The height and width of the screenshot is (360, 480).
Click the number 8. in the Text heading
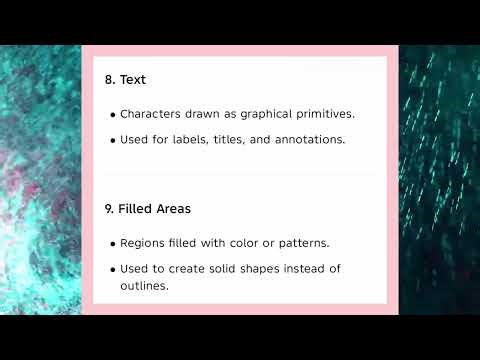(x=110, y=79)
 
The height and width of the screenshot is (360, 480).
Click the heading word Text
(x=133, y=79)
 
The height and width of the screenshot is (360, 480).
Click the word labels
(x=186, y=140)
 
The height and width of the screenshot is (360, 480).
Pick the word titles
(x=227, y=140)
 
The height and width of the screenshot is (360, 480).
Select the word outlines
(x=142, y=286)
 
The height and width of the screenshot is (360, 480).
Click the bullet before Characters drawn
(x=112, y=115)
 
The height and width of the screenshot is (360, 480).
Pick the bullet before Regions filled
(x=112, y=244)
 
